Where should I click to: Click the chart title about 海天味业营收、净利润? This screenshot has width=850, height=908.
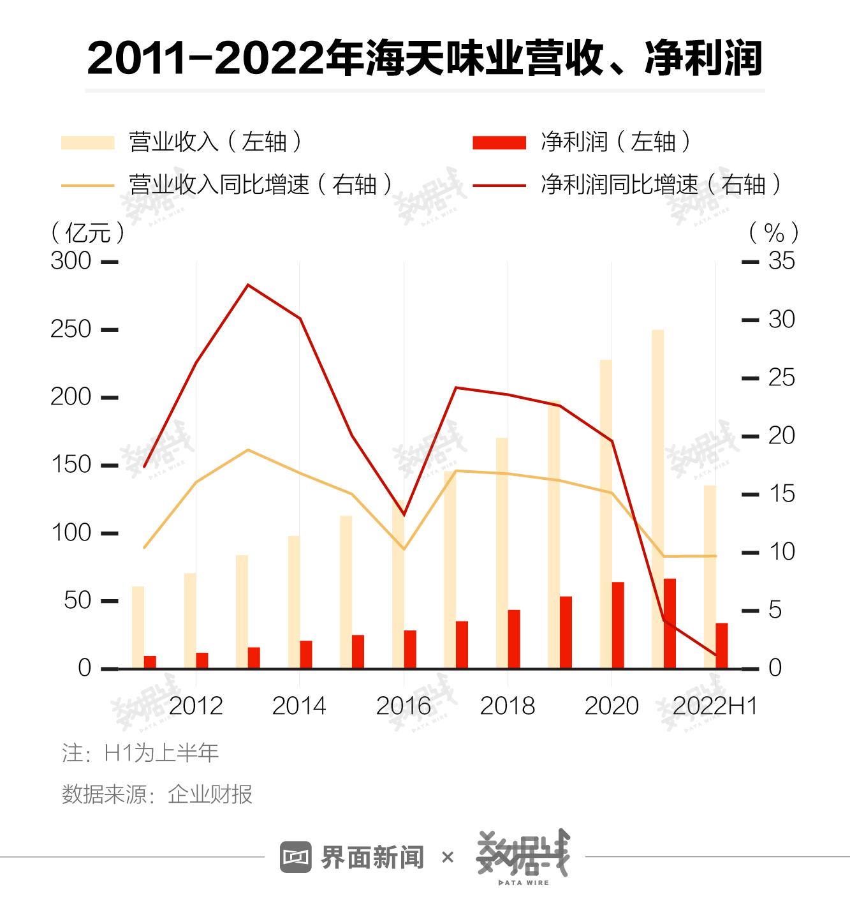[425, 59]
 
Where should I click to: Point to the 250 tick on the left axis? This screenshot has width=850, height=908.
[71, 329]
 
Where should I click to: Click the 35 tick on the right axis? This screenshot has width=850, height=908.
[782, 261]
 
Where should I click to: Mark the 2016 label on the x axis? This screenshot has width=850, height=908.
[403, 706]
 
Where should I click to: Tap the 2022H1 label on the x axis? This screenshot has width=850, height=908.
[715, 706]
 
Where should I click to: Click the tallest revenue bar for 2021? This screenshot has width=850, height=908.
[657, 498]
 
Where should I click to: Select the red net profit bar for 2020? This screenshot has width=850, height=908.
[618, 625]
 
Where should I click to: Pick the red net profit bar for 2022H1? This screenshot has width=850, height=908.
[721, 646]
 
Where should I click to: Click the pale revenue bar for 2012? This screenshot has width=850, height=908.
[190, 620]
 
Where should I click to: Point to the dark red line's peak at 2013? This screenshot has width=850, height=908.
[248, 285]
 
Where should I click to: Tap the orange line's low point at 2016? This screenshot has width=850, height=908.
[403, 549]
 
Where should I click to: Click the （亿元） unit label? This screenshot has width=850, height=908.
[89, 232]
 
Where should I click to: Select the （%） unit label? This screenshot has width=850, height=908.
[774, 232]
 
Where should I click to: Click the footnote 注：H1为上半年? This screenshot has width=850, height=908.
[140, 753]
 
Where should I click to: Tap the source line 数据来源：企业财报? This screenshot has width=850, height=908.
[157, 794]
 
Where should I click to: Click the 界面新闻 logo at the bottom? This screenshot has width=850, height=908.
[352, 857]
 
